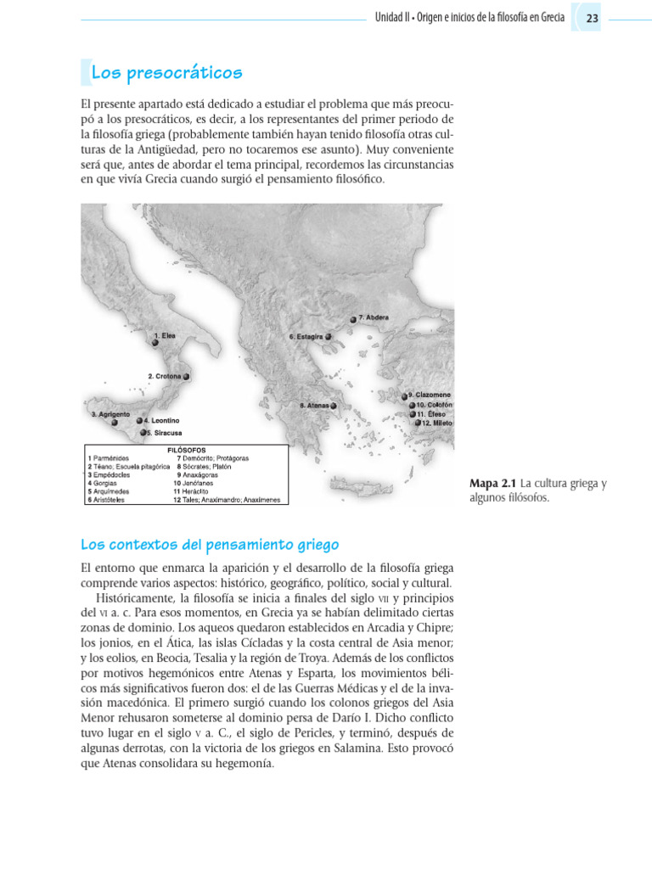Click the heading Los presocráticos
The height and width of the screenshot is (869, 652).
tap(166, 73)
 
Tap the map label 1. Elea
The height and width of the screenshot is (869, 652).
tap(165, 336)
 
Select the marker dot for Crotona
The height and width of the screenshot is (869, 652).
tap(186, 376)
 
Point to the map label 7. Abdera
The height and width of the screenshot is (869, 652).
tap(374, 317)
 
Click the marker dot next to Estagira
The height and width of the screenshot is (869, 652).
tap(329, 336)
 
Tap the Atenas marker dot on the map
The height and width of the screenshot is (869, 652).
tap(334, 406)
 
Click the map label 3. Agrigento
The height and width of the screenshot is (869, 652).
tap(110, 413)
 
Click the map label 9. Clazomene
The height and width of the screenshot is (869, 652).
tap(430, 395)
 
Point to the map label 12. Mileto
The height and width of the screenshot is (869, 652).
tap(437, 423)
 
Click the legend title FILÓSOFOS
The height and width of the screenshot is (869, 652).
tap(186, 450)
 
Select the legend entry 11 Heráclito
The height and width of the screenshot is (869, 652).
tap(196, 491)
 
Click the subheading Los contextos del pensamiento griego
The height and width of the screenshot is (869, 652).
tap(210, 544)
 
